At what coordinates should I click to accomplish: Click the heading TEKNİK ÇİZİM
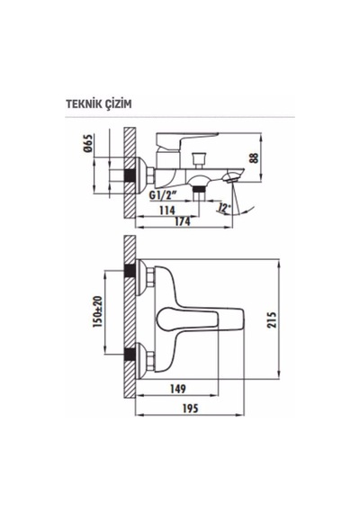[99, 104]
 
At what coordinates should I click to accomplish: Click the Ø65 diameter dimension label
[88, 144]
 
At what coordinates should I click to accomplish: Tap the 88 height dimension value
[255, 157]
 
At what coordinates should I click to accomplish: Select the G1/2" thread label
[163, 195]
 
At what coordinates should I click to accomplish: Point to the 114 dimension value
[166, 210]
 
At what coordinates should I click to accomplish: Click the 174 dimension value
[182, 221]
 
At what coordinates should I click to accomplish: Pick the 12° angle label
[224, 208]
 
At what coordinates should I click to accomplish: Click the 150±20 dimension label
[98, 312]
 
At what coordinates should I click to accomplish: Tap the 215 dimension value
[272, 319]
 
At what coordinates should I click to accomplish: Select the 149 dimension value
[177, 389]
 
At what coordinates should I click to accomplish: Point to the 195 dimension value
[190, 409]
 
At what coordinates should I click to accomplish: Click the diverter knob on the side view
[199, 159]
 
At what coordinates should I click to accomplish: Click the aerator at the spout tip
[231, 178]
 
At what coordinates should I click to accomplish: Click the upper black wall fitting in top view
[130, 271]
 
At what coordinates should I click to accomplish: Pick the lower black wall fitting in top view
[130, 355]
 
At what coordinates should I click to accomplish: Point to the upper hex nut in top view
[150, 277]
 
